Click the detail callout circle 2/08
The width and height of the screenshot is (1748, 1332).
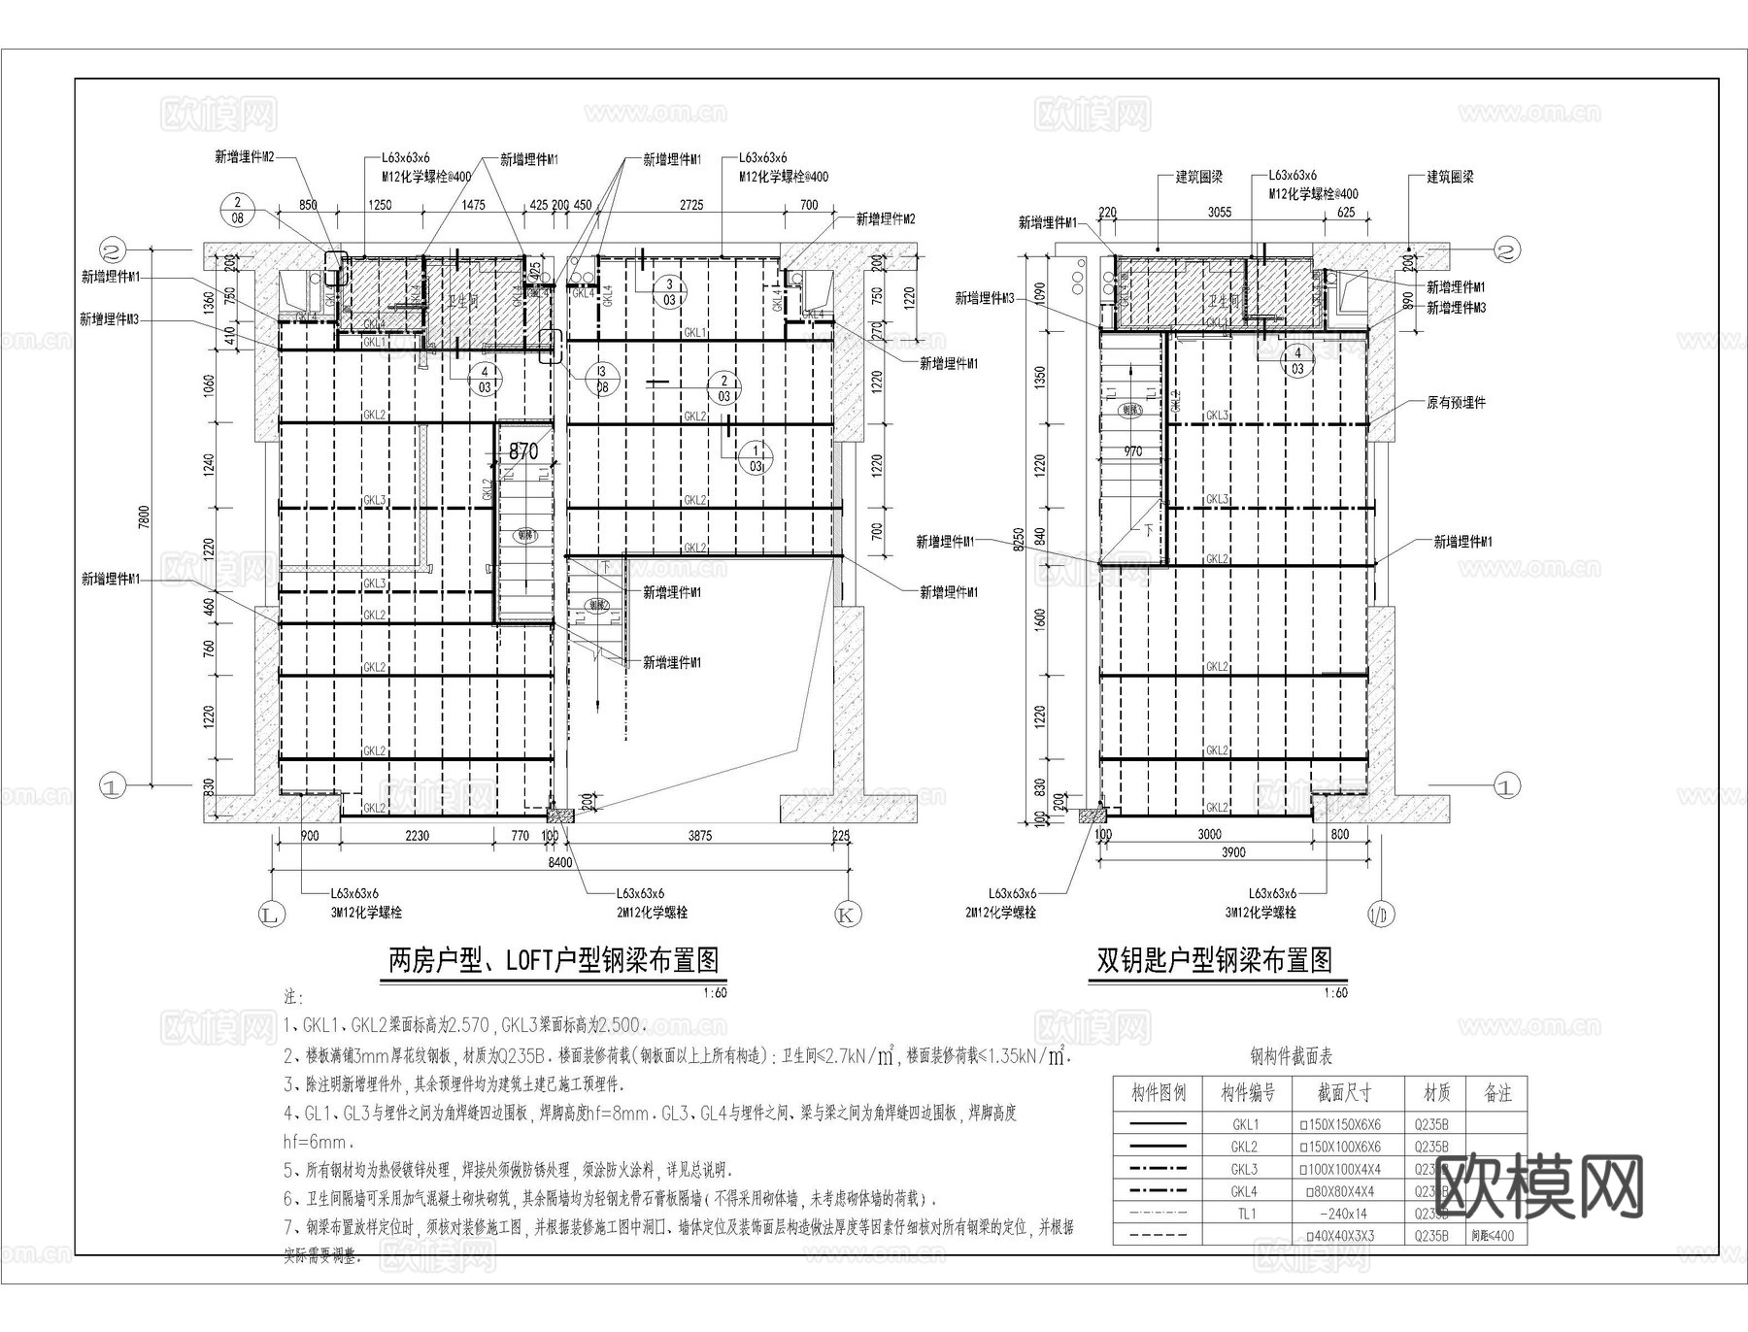tap(238, 211)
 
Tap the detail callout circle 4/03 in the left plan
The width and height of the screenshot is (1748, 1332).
tap(484, 377)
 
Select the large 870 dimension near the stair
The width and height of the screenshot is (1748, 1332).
tap(522, 451)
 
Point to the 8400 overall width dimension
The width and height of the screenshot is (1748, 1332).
tap(560, 862)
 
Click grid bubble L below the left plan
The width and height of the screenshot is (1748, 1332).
tap(270, 914)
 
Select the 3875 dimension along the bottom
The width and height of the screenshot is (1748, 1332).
tap(699, 835)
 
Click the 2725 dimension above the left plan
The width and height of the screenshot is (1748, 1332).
tap(691, 205)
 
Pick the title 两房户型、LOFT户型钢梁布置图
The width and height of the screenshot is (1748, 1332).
tap(554, 961)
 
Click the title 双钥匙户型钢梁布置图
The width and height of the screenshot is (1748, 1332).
tap(1215, 961)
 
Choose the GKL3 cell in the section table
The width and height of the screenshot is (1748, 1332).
tap(1244, 1169)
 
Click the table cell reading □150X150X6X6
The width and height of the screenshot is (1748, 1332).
tap(1344, 1124)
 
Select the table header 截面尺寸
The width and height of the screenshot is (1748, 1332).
tap(1344, 1093)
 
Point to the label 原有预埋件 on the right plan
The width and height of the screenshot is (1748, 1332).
tap(1456, 402)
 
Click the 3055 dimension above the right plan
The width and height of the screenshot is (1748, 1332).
tap(1219, 212)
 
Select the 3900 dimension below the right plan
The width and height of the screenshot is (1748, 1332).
tap(1232, 852)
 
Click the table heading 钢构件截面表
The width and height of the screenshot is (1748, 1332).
tap(1291, 1056)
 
